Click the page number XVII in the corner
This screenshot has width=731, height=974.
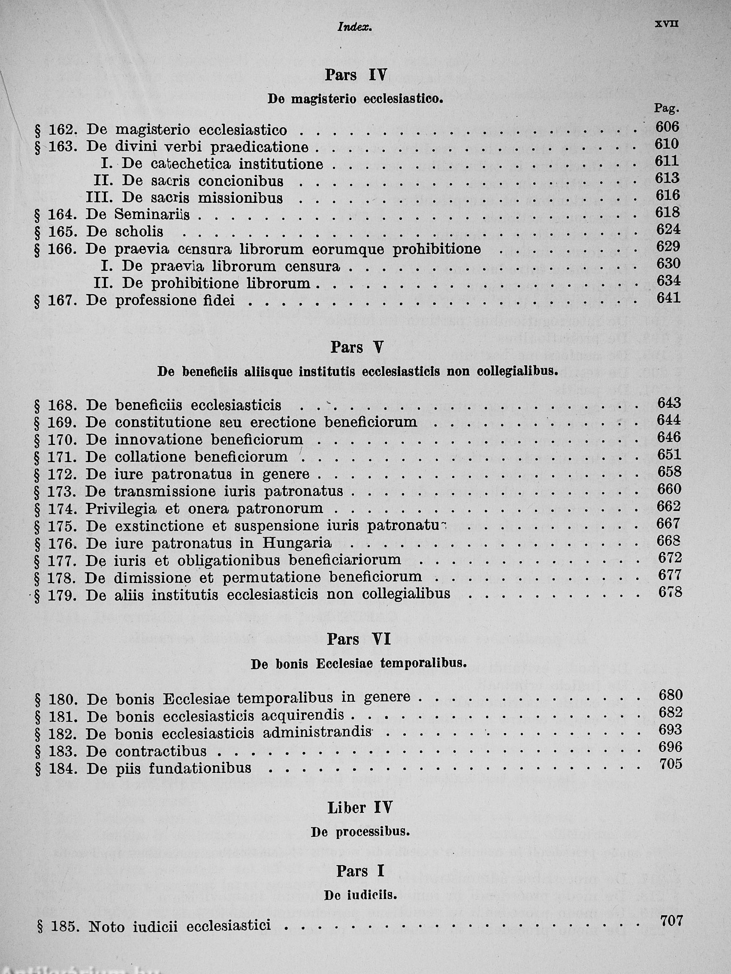tap(666, 25)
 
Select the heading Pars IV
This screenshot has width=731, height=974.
tap(356, 75)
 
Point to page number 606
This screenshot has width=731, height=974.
tap(667, 127)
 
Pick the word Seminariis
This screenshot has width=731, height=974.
tap(152, 215)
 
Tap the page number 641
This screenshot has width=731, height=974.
tap(668, 298)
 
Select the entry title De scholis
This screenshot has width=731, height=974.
tap(125, 232)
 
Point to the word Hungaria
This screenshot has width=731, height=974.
tap(297, 543)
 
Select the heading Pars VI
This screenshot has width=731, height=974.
tap(359, 639)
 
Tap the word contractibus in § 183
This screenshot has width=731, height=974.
tap(160, 752)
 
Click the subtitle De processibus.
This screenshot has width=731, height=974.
tap(360, 832)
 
